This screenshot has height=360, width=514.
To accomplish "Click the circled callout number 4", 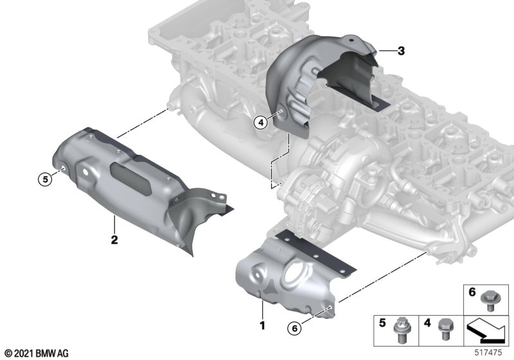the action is (261, 123).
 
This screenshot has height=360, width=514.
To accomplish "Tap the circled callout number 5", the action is (45, 179).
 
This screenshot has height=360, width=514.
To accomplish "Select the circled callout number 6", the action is (294, 328).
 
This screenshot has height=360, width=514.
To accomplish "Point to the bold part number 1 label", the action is (262, 325).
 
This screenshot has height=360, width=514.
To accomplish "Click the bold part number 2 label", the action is (114, 240).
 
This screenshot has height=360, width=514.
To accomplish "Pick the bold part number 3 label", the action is (401, 51).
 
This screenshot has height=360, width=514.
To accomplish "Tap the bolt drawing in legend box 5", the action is (401, 330).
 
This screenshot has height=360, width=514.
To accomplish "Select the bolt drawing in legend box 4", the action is (444, 329).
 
